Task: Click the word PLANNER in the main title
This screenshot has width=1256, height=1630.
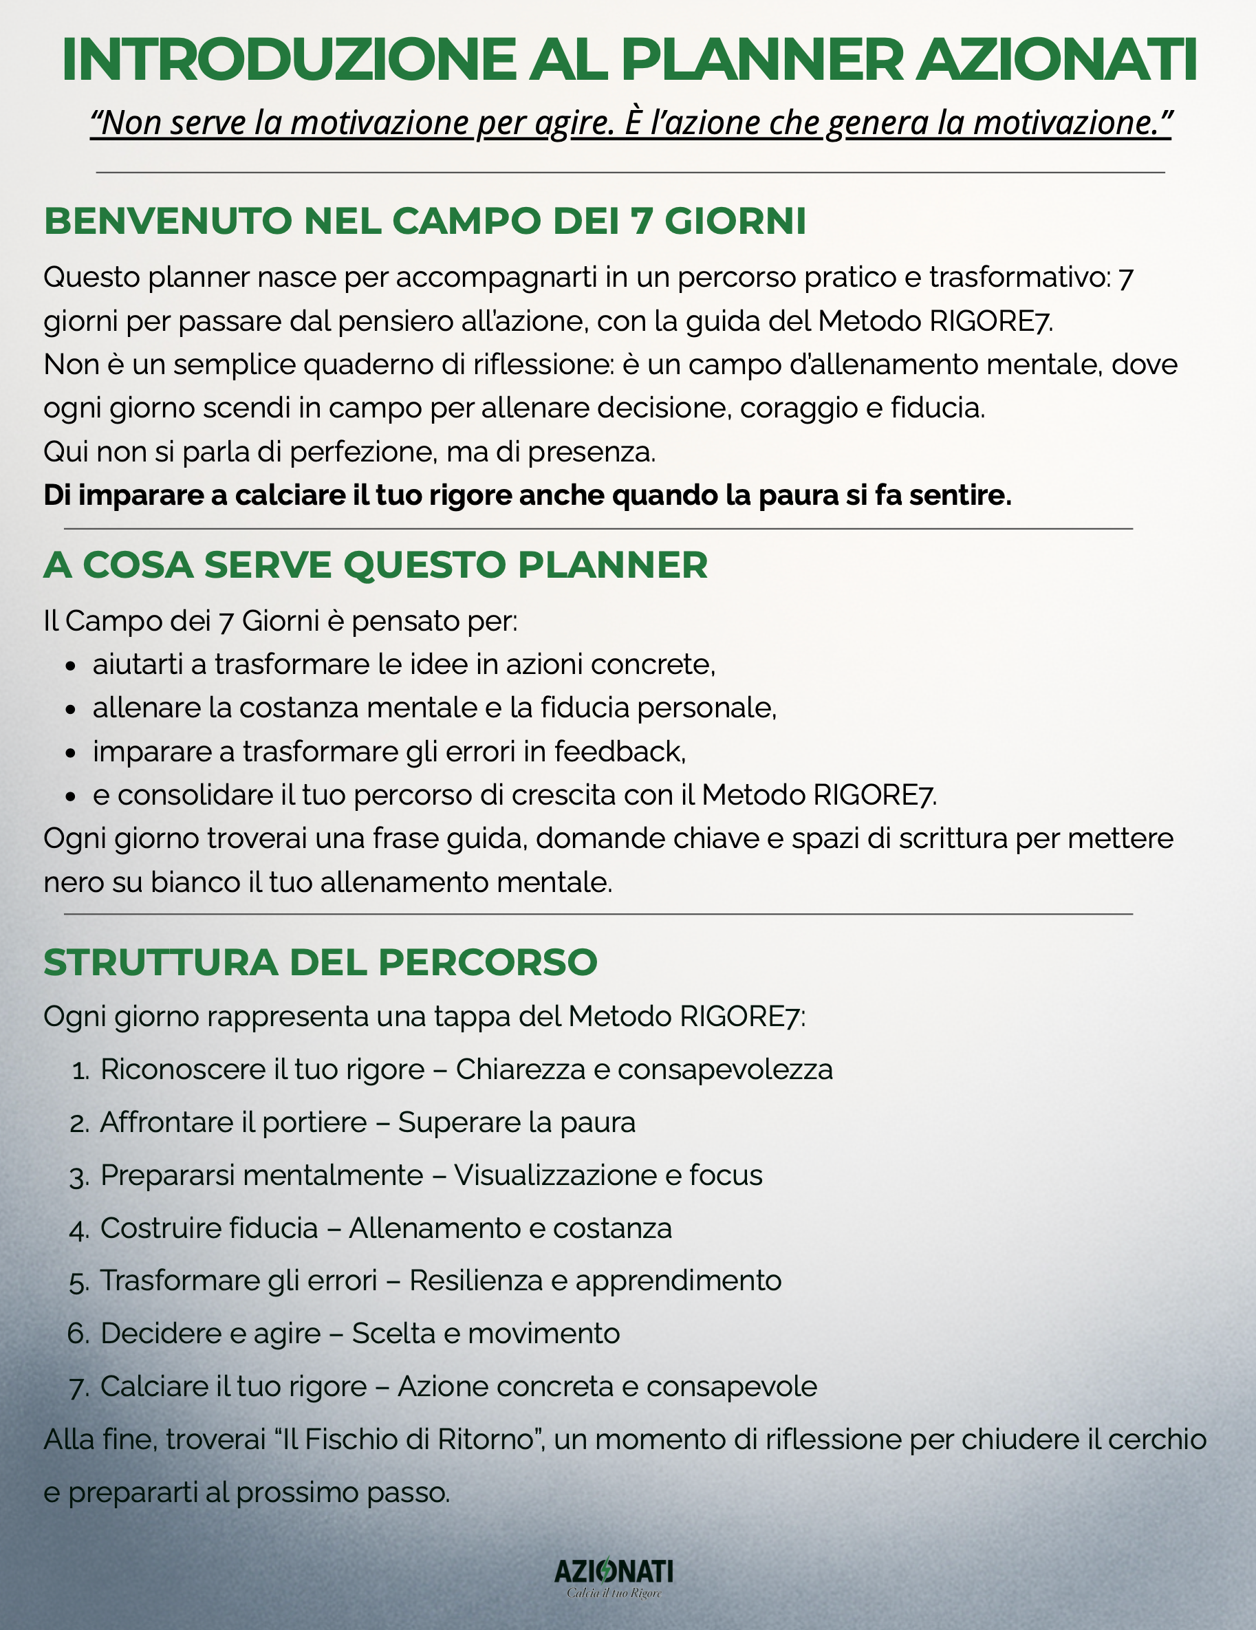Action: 762,60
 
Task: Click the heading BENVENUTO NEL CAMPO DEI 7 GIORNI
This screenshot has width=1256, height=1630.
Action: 424,221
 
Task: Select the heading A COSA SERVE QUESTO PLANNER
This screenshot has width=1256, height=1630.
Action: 376,565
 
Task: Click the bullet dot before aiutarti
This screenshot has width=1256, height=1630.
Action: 71,666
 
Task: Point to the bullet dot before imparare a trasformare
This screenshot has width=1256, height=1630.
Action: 71,753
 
